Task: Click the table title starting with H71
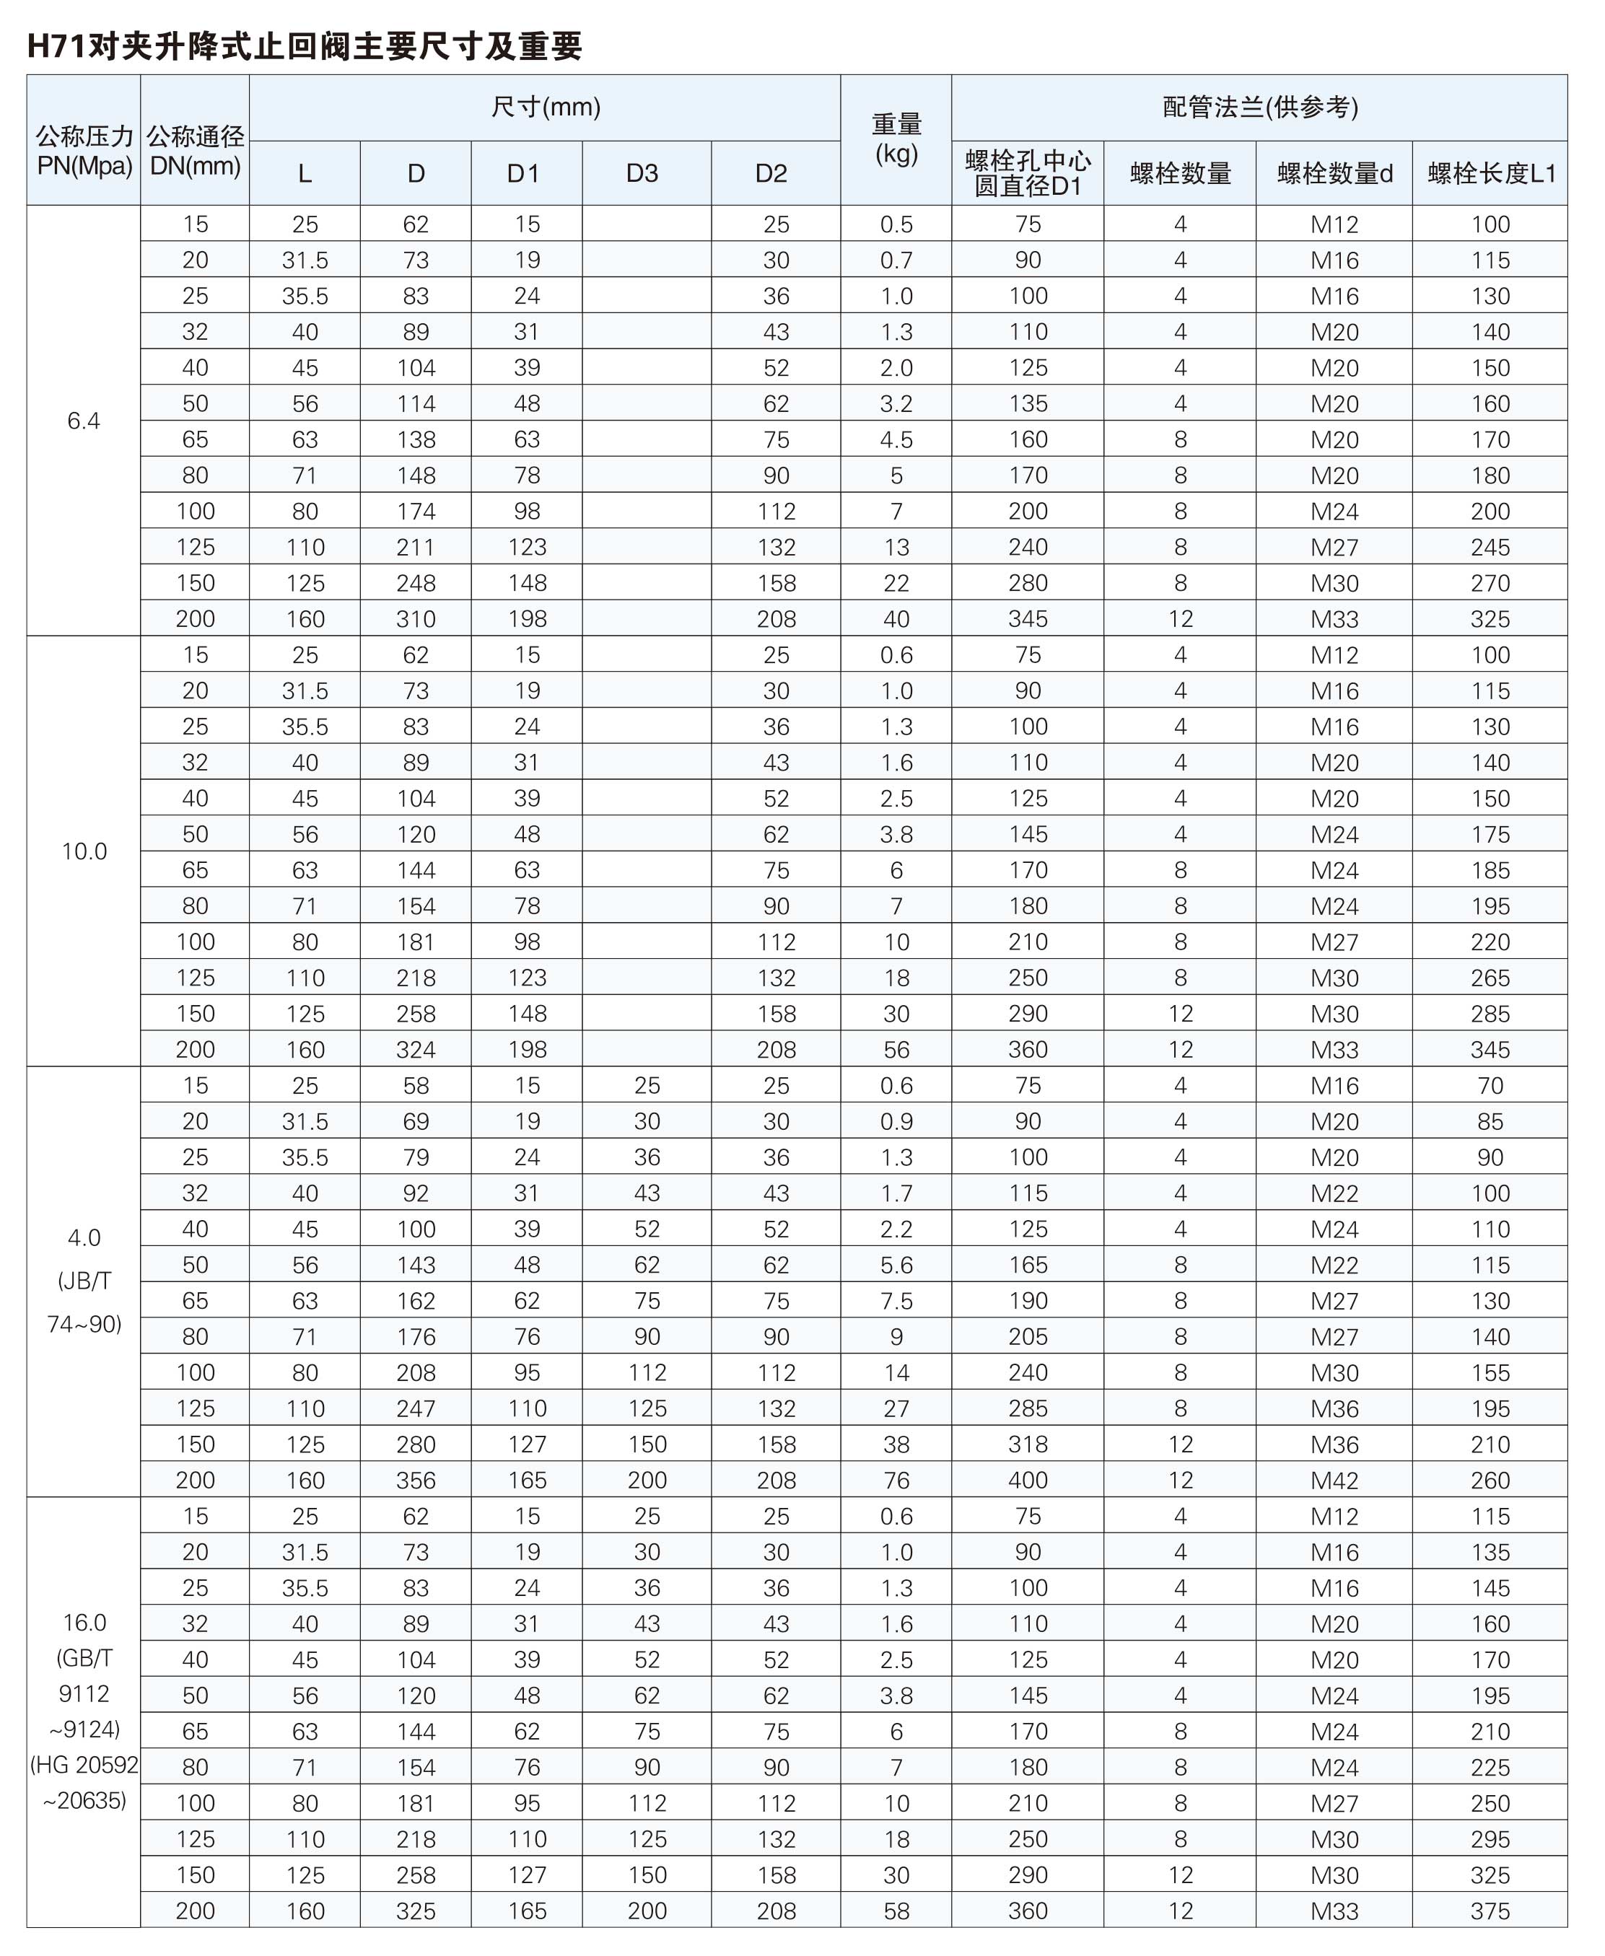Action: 305,46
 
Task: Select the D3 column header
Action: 642,173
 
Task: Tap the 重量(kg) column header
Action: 896,139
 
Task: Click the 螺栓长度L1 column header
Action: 1491,173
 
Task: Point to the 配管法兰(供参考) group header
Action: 1259,108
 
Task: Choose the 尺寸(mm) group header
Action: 546,108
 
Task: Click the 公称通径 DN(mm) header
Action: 195,151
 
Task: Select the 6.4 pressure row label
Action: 83,421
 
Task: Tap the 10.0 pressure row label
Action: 83,851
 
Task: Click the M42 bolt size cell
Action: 1334,1480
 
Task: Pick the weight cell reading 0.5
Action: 896,224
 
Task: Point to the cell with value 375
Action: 1490,1911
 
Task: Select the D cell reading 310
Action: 416,619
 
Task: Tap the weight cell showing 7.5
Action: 896,1301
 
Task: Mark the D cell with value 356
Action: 416,1480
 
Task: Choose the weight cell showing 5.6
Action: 896,1265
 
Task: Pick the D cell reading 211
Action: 416,547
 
